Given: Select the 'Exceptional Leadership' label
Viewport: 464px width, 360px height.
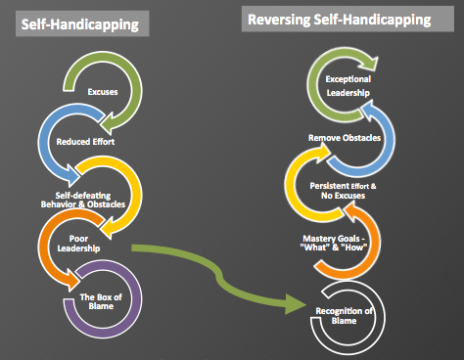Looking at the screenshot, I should (x=349, y=84).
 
